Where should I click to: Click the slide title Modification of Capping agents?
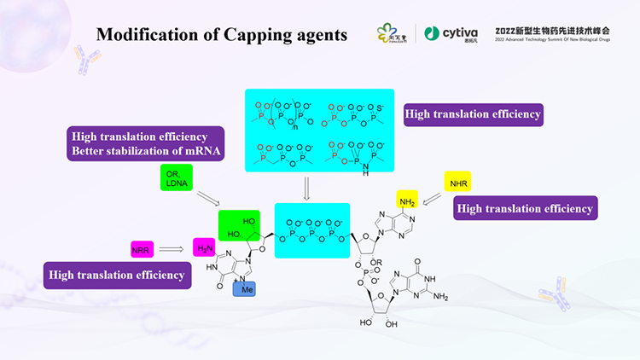(x=221, y=35)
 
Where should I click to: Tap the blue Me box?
(x=245, y=288)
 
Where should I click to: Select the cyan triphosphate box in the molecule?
(x=311, y=229)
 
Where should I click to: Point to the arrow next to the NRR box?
(x=172, y=250)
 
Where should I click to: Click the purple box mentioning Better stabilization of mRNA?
(x=144, y=144)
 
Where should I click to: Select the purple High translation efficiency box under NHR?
(x=524, y=207)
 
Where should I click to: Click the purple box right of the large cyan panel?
(x=474, y=113)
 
